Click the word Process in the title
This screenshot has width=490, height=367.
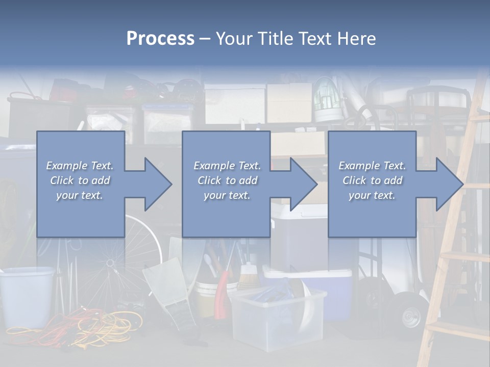[x=160, y=39]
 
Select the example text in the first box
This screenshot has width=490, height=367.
[x=80, y=180]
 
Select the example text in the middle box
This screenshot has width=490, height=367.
[x=227, y=180]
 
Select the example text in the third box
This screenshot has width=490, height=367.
[x=372, y=180]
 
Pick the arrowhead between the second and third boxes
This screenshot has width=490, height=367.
[x=302, y=184]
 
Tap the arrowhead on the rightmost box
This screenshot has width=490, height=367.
[x=447, y=184]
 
